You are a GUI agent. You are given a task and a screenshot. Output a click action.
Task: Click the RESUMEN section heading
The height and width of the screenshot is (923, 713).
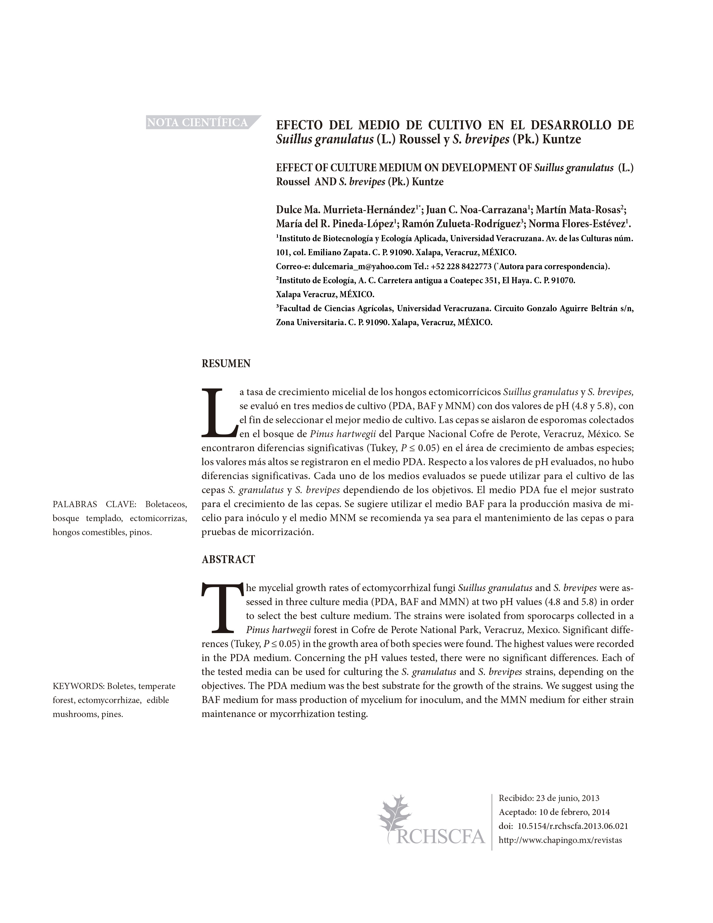(226, 364)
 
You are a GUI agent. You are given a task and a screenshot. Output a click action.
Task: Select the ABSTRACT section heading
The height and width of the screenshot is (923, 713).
(228, 559)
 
